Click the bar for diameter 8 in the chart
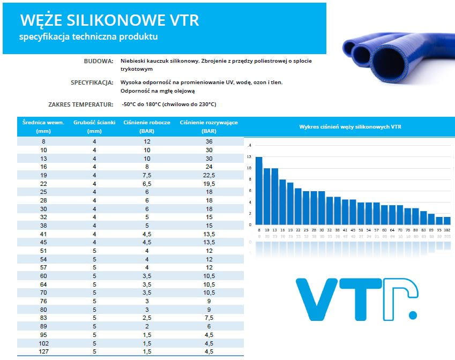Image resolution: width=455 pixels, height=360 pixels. [x=259, y=191]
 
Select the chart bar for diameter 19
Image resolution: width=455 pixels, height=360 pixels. [x=290, y=204]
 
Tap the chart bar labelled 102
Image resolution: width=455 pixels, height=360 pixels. [x=447, y=220]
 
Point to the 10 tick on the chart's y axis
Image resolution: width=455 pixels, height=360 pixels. [x=249, y=168]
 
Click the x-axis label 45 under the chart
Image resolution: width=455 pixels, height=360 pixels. [x=353, y=229]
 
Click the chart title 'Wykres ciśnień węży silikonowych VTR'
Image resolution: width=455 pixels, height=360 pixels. [x=350, y=127]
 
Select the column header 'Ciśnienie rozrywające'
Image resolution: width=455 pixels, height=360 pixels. [x=209, y=123]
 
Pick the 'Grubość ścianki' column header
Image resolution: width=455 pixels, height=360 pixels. [x=94, y=123]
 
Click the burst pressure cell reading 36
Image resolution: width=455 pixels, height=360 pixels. [x=209, y=141]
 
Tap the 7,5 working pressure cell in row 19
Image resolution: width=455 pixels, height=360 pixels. [x=147, y=175]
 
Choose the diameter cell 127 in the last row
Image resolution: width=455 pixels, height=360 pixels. [x=44, y=351]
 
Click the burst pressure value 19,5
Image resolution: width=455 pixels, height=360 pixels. [x=209, y=184]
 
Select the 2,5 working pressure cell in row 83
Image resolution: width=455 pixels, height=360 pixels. [x=147, y=318]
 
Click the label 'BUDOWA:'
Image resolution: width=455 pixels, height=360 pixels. [x=98, y=61]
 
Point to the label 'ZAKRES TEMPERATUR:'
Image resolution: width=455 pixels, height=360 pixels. [x=80, y=104]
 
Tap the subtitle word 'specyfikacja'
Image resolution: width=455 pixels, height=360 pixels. [x=41, y=36]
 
